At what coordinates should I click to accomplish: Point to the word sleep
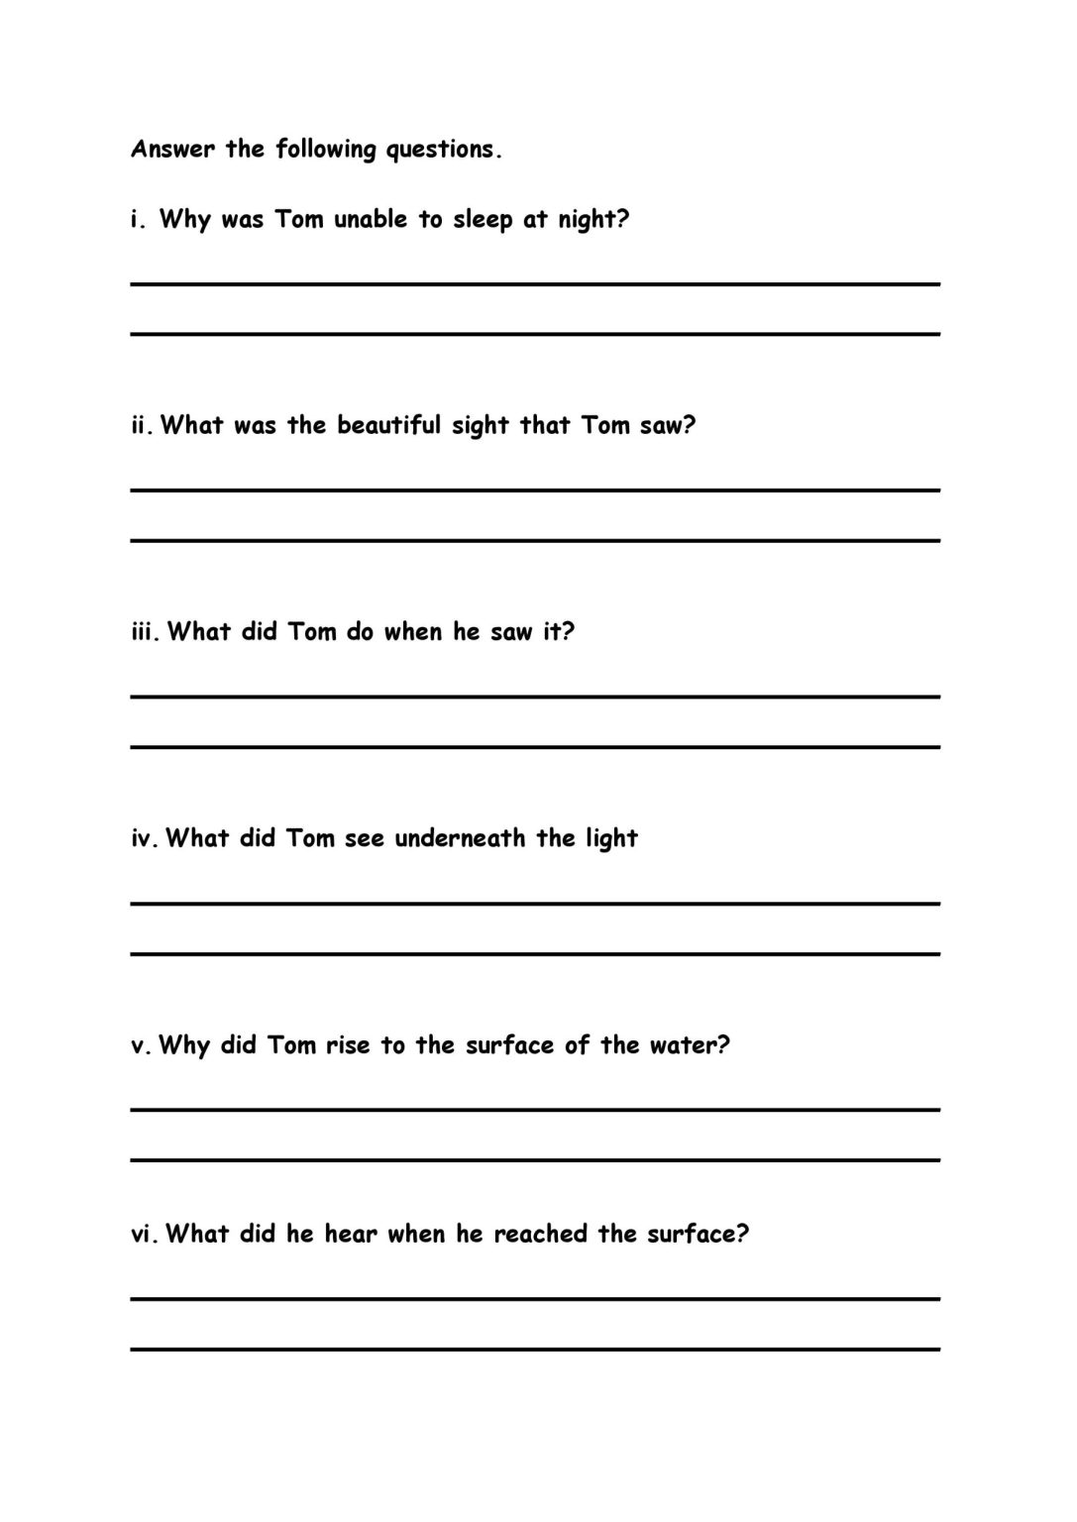coord(483,220)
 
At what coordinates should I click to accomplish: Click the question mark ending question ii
coord(690,425)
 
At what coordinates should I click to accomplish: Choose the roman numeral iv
coord(144,839)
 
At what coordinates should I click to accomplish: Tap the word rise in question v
coord(348,1045)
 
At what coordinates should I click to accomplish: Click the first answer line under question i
coord(535,284)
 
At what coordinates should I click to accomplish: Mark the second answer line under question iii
coord(535,746)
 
